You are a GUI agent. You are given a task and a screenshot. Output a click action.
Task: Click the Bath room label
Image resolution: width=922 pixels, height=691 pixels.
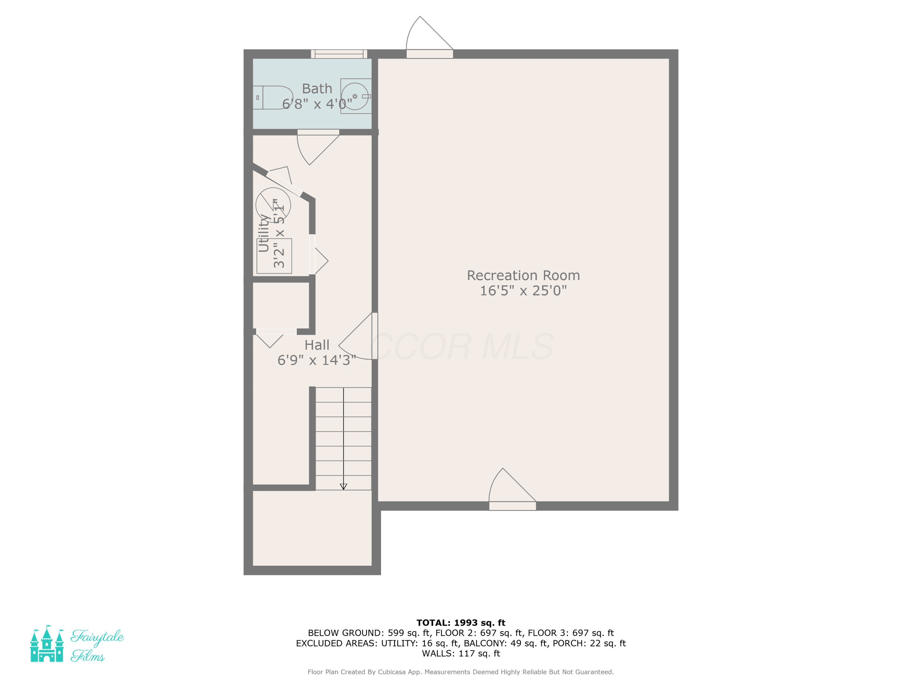click(317, 89)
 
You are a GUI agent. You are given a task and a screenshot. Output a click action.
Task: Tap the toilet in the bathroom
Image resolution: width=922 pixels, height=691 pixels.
click(273, 97)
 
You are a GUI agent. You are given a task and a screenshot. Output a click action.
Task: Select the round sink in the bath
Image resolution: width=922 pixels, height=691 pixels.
click(355, 96)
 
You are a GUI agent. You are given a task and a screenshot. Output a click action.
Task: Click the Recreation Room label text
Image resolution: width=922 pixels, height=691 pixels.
click(523, 275)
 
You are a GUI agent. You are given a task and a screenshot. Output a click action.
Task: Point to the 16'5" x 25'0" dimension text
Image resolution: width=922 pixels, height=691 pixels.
click(523, 291)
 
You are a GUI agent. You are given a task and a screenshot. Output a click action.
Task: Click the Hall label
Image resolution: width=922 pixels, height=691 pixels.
click(317, 345)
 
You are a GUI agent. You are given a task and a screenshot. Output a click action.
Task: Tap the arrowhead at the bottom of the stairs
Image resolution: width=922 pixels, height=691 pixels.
click(344, 486)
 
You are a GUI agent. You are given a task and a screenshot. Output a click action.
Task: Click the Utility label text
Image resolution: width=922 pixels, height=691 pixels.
click(263, 233)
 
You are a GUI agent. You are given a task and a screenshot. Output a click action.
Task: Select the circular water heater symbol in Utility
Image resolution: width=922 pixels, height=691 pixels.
click(273, 205)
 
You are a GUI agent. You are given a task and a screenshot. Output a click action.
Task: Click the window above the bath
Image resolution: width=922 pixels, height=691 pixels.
click(339, 54)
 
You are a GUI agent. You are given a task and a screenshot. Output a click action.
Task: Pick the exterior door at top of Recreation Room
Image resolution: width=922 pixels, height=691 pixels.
click(430, 37)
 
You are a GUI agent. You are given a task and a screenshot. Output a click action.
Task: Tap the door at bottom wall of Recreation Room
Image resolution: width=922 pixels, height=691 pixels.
click(512, 490)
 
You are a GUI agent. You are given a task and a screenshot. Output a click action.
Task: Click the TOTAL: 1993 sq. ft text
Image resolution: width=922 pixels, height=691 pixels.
click(461, 623)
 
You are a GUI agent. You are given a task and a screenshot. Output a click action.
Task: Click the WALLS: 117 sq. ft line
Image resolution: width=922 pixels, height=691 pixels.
click(461, 654)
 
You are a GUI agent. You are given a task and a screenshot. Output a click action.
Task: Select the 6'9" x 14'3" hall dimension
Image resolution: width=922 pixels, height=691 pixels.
click(317, 360)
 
